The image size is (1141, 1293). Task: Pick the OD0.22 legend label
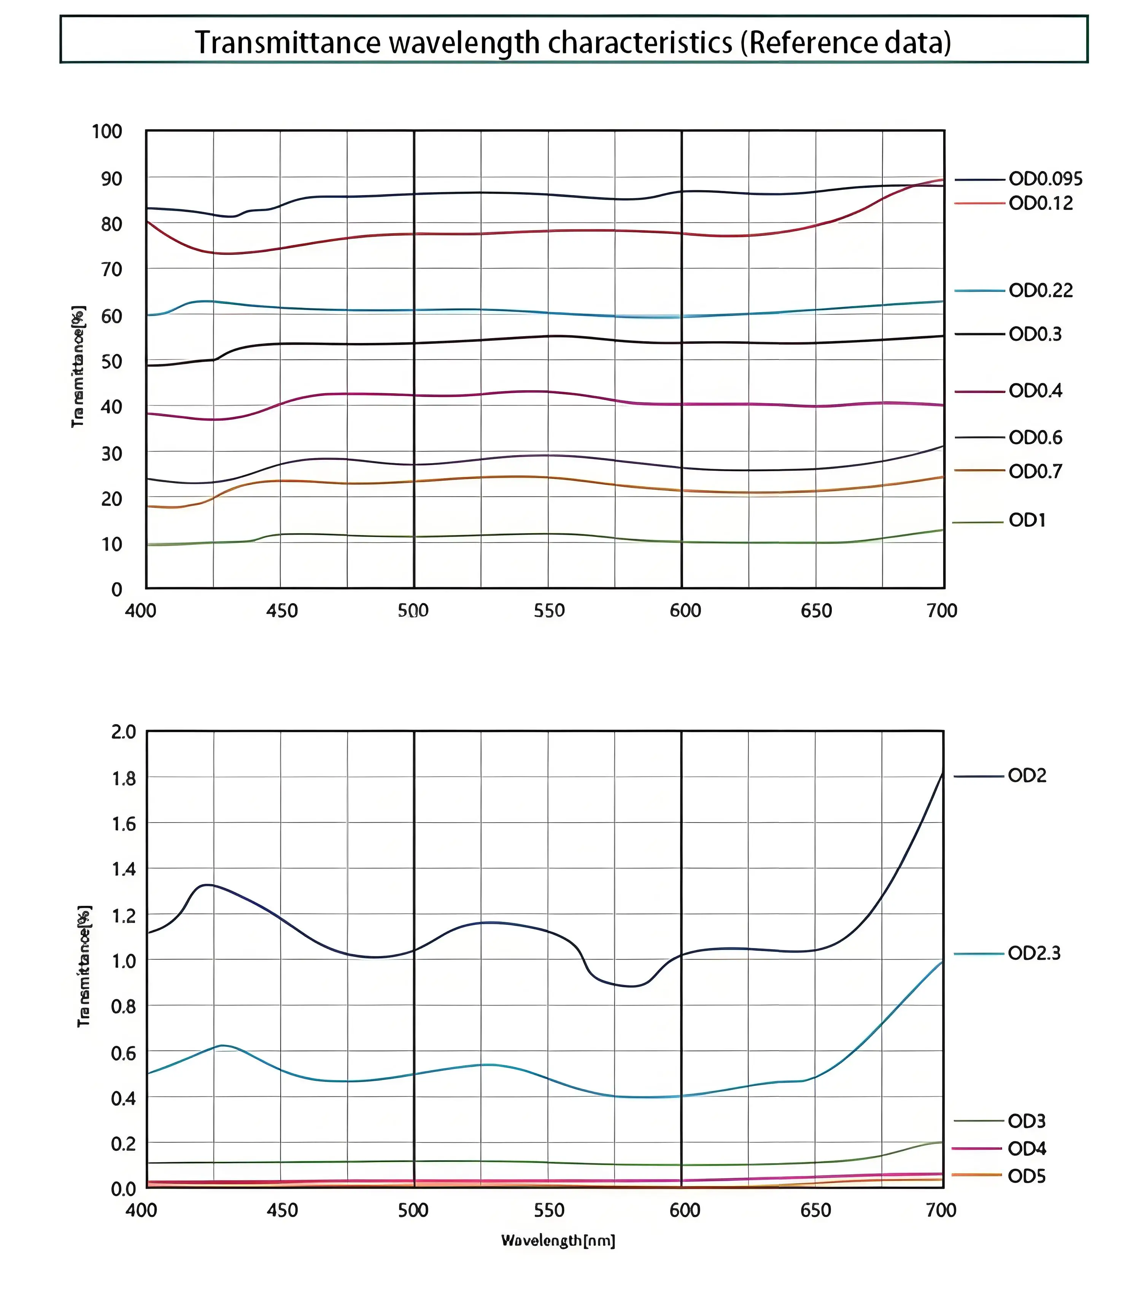pos(1041,291)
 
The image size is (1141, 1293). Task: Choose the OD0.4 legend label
pos(1035,391)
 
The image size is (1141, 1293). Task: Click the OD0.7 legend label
pos(1035,471)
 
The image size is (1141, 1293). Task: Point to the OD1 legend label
pos(1027,521)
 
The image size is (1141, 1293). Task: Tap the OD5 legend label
pos(1027,1177)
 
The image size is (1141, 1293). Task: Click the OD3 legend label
pos(1027,1121)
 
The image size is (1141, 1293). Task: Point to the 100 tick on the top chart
pos(107,132)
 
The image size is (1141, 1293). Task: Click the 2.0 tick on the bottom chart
pos(123,732)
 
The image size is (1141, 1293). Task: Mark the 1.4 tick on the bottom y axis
pos(123,869)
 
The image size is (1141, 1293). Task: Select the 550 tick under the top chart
pos(549,611)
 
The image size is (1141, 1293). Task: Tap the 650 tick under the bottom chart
pos(815,1211)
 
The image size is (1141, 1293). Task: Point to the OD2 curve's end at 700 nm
pos(943,773)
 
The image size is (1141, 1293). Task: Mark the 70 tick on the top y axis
pos(111,270)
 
